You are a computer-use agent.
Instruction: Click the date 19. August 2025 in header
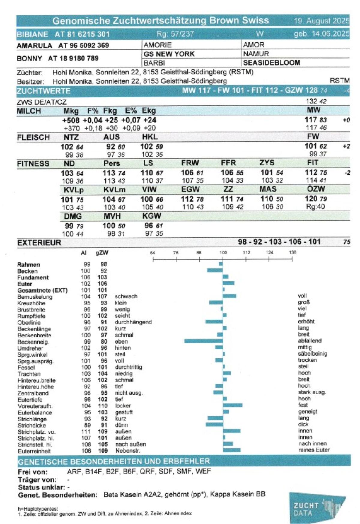pos(321,21)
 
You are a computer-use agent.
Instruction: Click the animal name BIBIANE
pos(32,34)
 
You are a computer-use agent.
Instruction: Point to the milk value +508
pos(71,120)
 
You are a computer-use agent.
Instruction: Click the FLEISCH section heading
pos(33,137)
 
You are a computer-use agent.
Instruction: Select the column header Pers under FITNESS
pos(112,163)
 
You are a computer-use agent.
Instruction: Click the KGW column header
pos(152,216)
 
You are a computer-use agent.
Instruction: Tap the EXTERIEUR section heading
pos(39,242)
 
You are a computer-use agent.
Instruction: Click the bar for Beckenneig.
pos(203,341)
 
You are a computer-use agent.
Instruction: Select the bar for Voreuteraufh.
pos(232,405)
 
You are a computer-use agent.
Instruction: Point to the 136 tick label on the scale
pos(292,252)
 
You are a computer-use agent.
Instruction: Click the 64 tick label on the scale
pos(153,253)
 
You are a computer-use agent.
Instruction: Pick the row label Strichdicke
pos(32,425)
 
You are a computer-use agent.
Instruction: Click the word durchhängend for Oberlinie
pos(133,322)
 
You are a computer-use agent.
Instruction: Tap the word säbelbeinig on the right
pos(312,354)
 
